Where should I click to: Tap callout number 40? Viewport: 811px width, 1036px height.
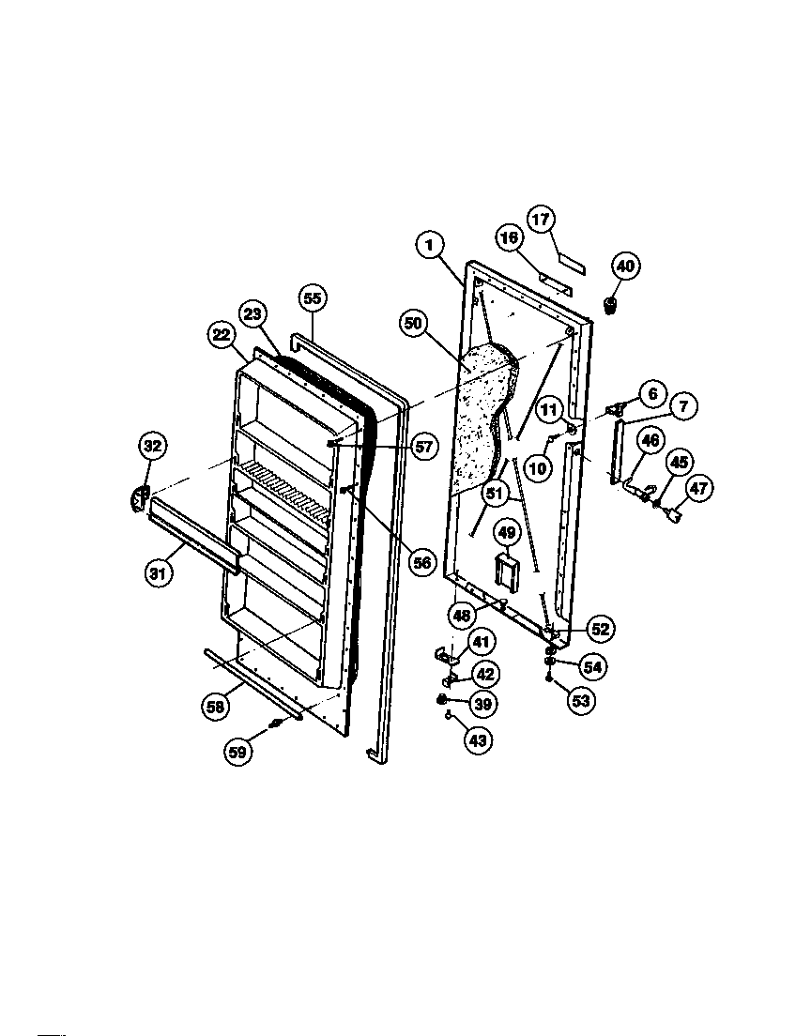tap(626, 267)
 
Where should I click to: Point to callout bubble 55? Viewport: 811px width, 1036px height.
tap(313, 298)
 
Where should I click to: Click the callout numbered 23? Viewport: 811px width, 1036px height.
tap(252, 315)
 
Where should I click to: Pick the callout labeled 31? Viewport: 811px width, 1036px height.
tap(159, 573)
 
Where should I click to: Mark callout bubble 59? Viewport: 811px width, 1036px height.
tap(239, 750)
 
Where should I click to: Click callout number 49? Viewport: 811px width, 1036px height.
tap(507, 533)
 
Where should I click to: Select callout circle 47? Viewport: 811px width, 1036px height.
tap(698, 488)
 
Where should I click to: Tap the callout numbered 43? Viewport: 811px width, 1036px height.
tap(478, 740)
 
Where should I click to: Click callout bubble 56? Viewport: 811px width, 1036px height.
tap(422, 562)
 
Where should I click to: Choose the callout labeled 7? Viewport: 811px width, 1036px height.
tap(682, 407)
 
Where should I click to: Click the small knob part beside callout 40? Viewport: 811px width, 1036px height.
tap(611, 305)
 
